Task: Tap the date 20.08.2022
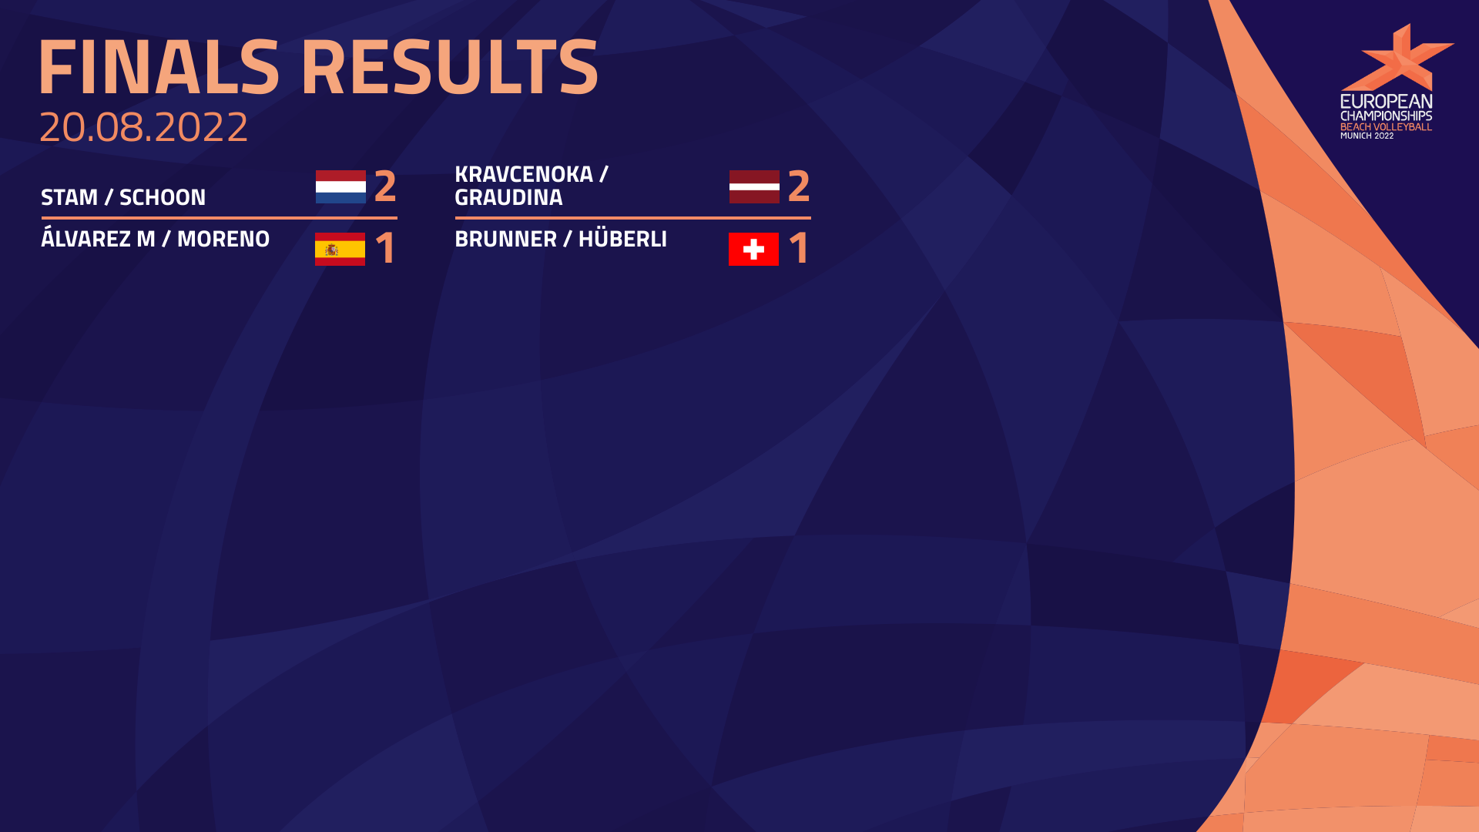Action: pos(144,126)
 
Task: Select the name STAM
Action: pos(69,197)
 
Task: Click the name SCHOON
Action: pos(163,197)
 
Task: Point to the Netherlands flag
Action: pos(340,186)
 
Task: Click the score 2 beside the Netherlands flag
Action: pos(385,186)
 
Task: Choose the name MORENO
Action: pos(223,239)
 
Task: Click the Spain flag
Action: pos(340,249)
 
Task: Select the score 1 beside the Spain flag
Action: pos(385,248)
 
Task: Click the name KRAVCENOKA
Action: pos(524,174)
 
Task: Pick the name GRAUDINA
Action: pos(508,197)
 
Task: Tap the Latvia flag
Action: pos(754,186)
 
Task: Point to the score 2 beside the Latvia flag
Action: pos(799,186)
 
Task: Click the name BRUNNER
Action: pos(505,239)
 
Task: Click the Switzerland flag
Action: pos(753,249)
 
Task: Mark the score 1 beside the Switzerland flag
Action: pos(799,248)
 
